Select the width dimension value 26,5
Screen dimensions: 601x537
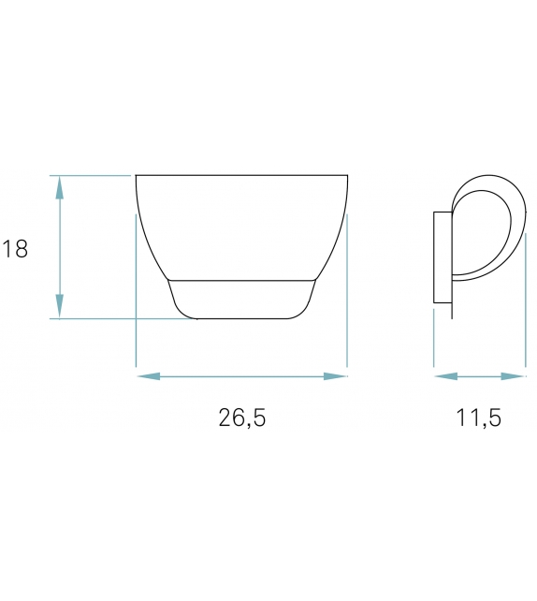pyautogui.click(x=242, y=418)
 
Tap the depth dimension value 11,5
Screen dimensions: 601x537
pyautogui.click(x=479, y=418)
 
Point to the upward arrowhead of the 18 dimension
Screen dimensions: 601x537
pyautogui.click(x=60, y=187)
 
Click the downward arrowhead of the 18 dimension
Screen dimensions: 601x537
pyautogui.click(x=60, y=306)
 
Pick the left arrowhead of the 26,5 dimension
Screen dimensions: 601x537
pyautogui.click(x=148, y=376)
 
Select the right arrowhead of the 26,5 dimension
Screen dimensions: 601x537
pyautogui.click(x=336, y=376)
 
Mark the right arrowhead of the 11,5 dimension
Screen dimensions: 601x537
pyautogui.click(x=514, y=376)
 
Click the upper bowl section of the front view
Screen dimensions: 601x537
pyautogui.click(x=241, y=225)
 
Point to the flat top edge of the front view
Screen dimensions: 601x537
pyautogui.click(x=241, y=175)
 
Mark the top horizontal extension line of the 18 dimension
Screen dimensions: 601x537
pyautogui.click(x=89, y=175)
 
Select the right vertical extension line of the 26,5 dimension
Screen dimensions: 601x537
pyautogui.click(x=347, y=300)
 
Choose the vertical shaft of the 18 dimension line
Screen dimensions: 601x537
pyautogui.click(x=60, y=247)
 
